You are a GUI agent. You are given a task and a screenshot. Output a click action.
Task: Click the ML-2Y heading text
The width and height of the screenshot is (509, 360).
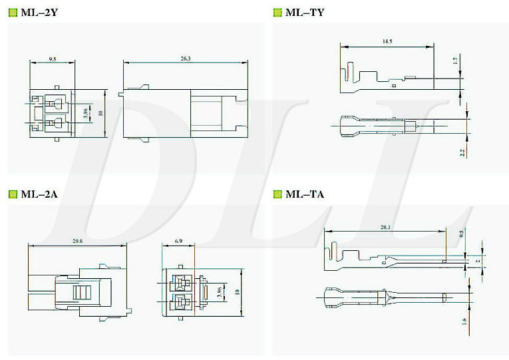pos(39,12)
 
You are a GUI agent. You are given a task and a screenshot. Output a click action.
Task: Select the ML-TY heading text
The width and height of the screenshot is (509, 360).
pos(305,12)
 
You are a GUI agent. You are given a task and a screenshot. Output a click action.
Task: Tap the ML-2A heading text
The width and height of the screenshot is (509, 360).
pos(39,194)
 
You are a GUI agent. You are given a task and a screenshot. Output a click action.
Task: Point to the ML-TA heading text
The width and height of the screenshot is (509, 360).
pos(305,194)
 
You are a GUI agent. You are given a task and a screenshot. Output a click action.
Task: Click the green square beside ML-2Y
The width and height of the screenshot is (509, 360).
pos(13,12)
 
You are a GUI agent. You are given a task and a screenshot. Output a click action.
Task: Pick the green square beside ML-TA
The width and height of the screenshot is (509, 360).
pos(277,194)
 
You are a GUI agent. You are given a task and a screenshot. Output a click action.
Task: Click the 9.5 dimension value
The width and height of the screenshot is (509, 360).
pos(52,59)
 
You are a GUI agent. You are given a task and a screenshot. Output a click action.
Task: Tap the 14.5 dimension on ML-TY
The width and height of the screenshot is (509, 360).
pos(387,42)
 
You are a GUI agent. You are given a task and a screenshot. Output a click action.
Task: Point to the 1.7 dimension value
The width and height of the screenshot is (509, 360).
pos(455,61)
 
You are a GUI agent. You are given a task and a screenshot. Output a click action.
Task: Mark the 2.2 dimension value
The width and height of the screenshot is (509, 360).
pos(462,152)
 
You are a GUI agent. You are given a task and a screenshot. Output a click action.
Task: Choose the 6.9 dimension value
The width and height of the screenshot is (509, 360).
pos(178,241)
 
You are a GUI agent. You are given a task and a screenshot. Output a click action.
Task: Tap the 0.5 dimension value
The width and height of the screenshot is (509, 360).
pos(462,234)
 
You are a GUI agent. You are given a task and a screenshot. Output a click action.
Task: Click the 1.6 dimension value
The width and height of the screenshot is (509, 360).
pos(463,321)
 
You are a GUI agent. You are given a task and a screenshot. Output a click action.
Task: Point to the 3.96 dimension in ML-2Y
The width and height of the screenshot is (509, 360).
pos(85,113)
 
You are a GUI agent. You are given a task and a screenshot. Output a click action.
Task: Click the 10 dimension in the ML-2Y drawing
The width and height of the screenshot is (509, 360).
pos(100,113)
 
